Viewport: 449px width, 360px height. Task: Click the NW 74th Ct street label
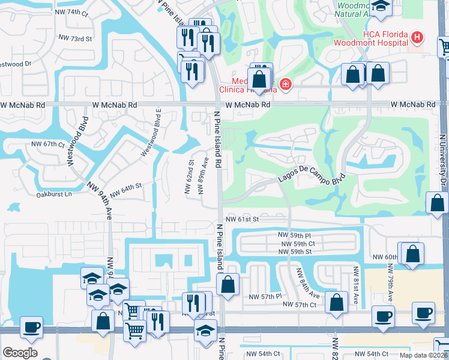[x=74, y=12]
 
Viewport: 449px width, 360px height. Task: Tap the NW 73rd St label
[x=75, y=38]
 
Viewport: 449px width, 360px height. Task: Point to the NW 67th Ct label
[x=48, y=145]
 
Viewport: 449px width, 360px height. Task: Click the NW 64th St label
[x=125, y=187]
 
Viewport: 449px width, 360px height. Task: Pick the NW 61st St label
[x=242, y=220]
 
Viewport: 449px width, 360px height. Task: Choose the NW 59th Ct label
[x=296, y=244]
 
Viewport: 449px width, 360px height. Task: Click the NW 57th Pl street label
[x=265, y=296]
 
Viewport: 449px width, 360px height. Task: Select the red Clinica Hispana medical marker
[x=285, y=84]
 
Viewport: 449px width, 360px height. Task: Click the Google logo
[x=20, y=353]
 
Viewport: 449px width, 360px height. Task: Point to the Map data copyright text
[x=423, y=355]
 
